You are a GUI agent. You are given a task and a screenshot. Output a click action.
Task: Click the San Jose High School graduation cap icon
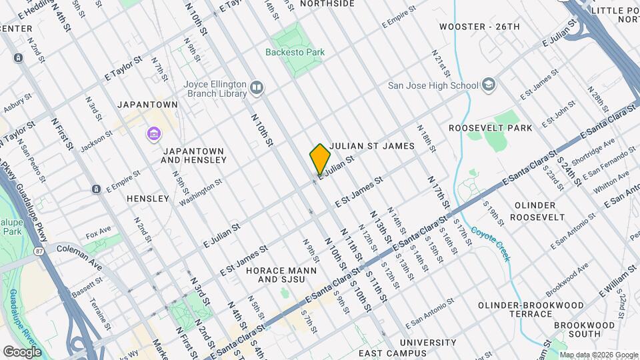tap(489, 85)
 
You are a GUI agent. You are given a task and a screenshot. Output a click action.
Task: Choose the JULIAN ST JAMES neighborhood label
tap(377, 145)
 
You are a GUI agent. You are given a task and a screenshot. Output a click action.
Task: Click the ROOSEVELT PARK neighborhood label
tap(490, 128)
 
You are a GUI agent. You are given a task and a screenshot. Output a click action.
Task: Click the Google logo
tap(22, 351)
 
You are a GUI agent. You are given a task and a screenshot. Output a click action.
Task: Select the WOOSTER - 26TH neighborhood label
tap(479, 27)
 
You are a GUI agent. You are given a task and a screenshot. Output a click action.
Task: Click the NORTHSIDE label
tap(327, 4)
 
